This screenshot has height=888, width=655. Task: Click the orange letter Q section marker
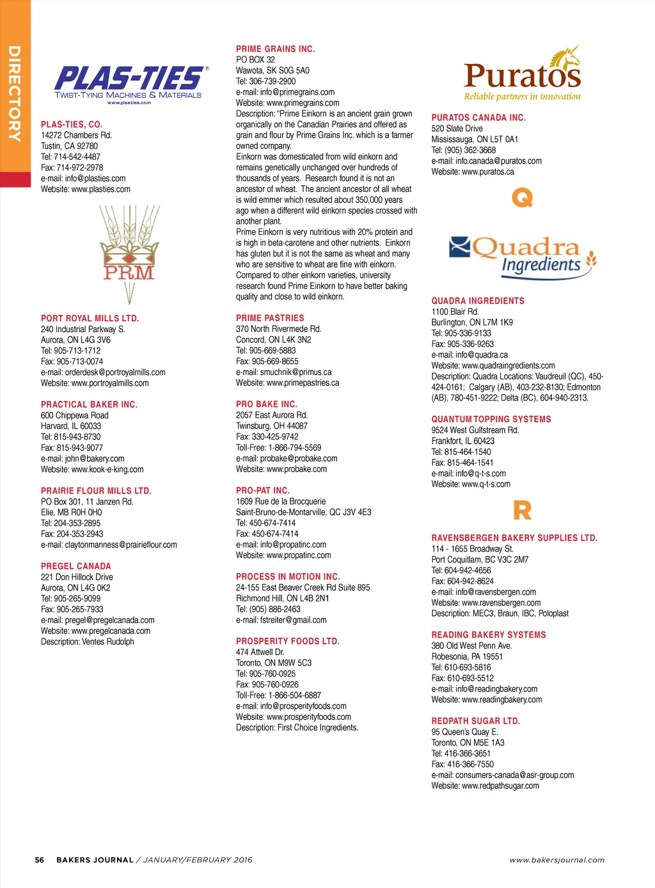tap(522, 198)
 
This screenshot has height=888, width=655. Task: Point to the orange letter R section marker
tap(522, 511)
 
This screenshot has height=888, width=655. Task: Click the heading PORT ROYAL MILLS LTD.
tap(90, 318)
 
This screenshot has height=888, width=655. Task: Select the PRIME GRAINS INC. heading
tap(275, 49)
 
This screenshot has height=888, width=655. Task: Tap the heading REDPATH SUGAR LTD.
tap(475, 721)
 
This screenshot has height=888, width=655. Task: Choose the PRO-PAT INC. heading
tap(262, 491)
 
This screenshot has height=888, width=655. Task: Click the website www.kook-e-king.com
tap(107, 470)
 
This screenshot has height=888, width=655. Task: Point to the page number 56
tap(40, 860)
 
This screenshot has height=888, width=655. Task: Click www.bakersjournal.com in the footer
tap(556, 860)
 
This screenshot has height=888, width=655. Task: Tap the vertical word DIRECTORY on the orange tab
tap(14, 93)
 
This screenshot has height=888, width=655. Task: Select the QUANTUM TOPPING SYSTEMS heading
tap(491, 419)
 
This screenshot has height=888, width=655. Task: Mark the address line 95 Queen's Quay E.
tap(464, 732)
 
